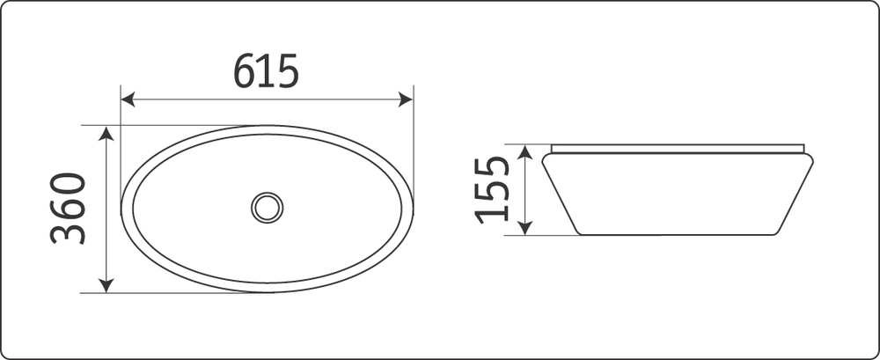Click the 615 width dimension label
point(266,71)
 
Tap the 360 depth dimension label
point(68,209)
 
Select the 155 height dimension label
point(492,190)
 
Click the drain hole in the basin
point(268,208)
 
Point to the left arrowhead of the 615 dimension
point(128,99)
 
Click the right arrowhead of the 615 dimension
point(406,99)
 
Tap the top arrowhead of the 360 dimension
point(106,133)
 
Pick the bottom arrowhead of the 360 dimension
point(106,285)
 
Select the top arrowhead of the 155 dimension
point(524,151)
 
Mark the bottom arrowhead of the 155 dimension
point(524,228)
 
